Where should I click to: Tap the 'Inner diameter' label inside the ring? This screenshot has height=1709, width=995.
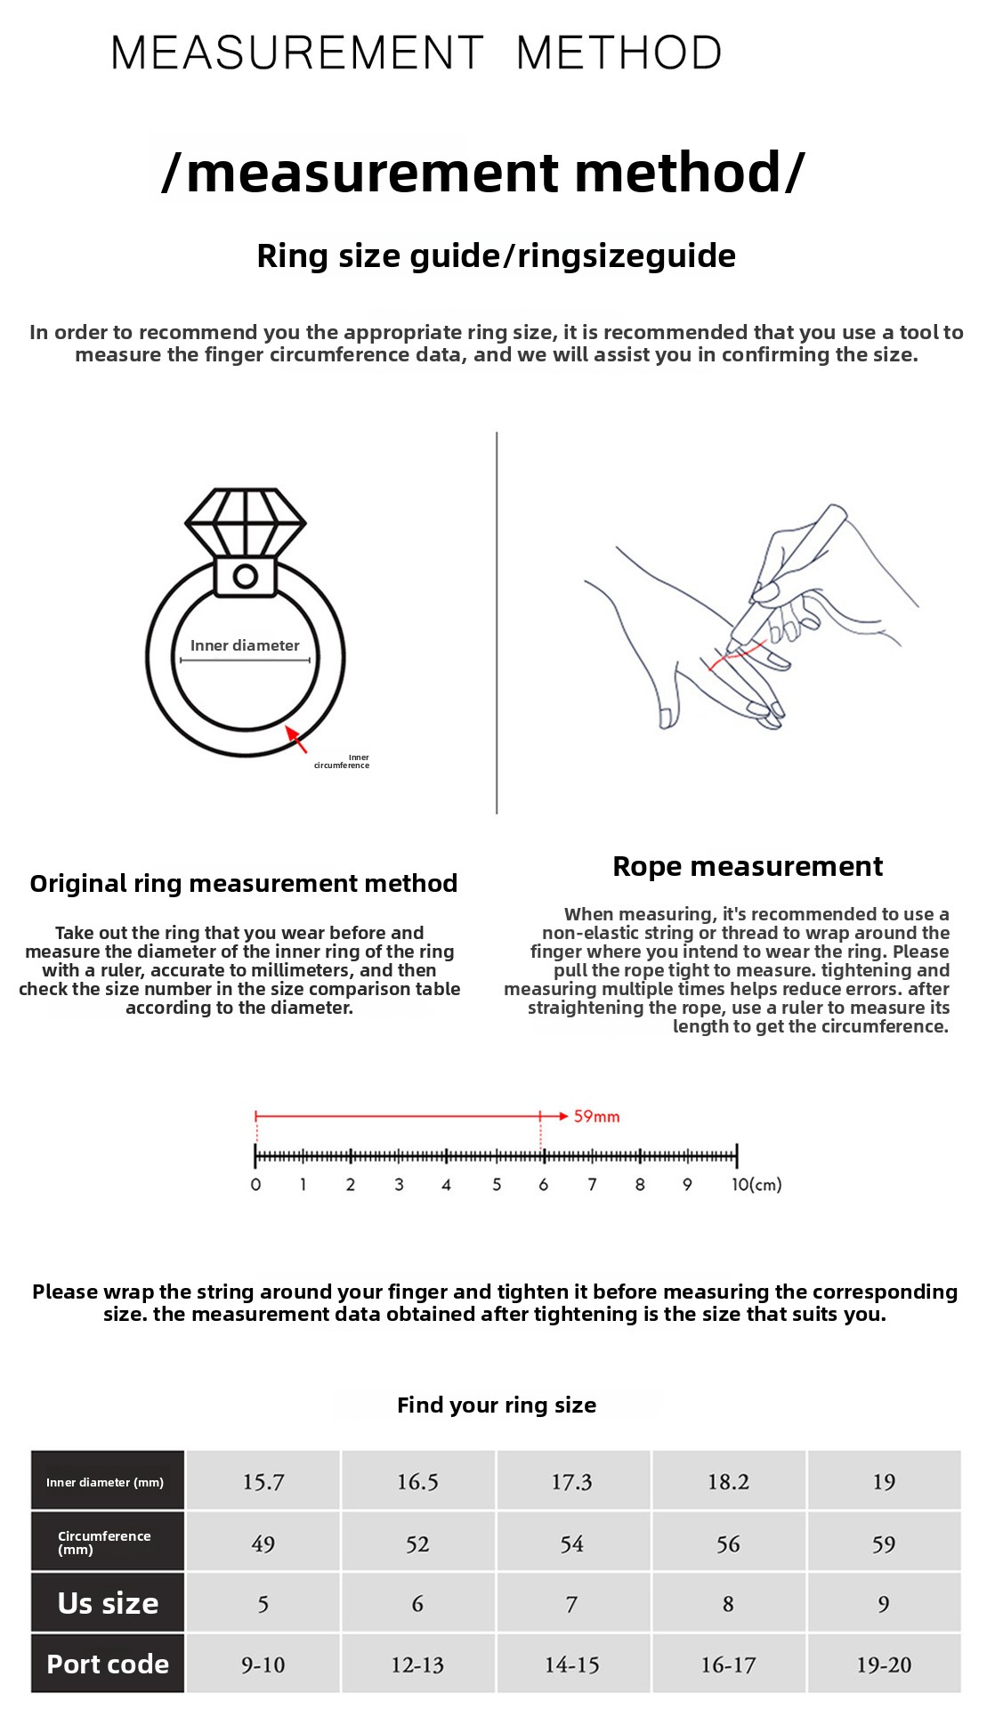coord(245,645)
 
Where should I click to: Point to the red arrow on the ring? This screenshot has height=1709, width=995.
coord(295,739)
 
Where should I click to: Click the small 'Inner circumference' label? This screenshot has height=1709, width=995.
coord(342,762)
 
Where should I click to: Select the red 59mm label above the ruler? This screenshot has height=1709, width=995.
coord(596,1116)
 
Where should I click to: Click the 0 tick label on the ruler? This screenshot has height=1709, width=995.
coord(255,1185)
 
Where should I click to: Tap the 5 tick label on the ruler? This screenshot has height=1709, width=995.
coord(497,1185)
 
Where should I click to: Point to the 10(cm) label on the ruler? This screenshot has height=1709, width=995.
coord(756,1185)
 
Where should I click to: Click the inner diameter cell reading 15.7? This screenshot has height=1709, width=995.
coord(263,1482)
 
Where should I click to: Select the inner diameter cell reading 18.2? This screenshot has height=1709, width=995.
coord(728,1482)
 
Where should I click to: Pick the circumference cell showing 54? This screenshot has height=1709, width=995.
coord(572,1543)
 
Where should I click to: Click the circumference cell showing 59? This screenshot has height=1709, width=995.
coord(884,1543)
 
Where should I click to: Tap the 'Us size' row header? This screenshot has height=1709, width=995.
coord(108,1603)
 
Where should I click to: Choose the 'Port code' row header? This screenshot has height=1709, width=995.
coord(108,1664)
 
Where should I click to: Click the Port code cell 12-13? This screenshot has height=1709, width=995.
coord(417,1664)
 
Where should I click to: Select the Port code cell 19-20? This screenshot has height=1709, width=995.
coord(884,1664)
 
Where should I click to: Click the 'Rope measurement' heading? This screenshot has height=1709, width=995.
coord(748,866)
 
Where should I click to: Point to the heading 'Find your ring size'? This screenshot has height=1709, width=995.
coord(497,1405)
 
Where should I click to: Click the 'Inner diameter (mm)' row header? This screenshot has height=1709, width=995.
coord(105,1482)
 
